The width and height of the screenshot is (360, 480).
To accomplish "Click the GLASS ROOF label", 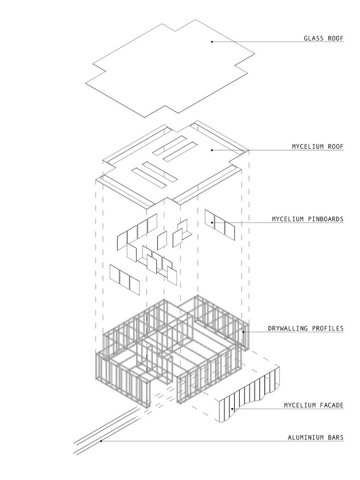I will point(323,38).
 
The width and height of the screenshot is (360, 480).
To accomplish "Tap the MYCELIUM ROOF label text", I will point(318,147).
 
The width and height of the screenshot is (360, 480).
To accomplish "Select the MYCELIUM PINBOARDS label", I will point(308,219).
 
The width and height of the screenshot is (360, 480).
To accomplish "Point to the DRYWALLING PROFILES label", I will point(306,328).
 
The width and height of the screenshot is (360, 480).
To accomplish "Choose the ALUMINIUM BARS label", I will point(315,437).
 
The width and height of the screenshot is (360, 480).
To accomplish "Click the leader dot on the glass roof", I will point(212,42).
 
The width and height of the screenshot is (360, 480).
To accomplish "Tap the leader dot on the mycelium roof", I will point(212,150).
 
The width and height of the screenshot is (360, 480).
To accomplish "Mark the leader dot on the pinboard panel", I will point(212,223).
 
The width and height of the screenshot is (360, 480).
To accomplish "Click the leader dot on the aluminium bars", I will point(101,441).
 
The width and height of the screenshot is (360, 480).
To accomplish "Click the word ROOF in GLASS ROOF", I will point(335,38).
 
